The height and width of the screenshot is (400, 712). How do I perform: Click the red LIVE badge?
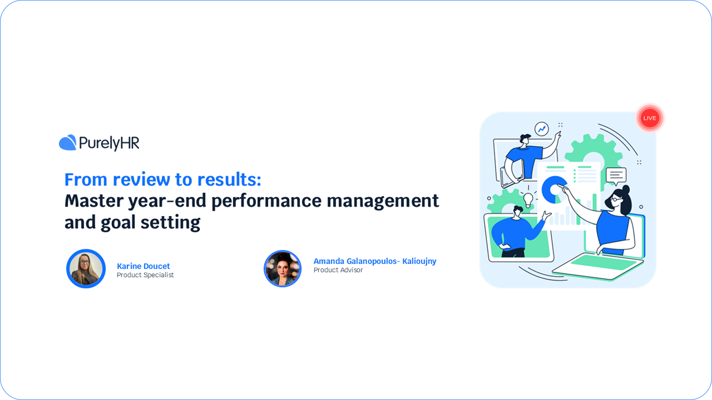[650, 118]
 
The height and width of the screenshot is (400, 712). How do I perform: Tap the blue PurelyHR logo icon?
[68, 143]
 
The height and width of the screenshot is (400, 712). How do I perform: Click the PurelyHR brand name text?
[109, 143]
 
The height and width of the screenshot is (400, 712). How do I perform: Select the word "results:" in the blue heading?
[229, 180]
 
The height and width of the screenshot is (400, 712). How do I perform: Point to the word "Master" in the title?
[94, 201]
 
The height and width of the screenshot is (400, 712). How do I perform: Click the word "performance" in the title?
[266, 201]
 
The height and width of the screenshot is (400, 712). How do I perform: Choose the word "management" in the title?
[383, 201]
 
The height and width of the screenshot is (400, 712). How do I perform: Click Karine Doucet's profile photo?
[86, 268]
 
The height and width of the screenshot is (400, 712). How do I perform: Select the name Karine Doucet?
[143, 266]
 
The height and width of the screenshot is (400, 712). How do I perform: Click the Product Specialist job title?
[145, 275]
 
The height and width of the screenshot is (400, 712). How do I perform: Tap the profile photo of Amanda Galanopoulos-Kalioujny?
[283, 268]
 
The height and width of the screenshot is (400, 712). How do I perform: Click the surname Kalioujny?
[419, 261]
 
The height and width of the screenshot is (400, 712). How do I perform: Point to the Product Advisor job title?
[338, 270]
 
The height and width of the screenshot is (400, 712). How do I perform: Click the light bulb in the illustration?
[528, 199]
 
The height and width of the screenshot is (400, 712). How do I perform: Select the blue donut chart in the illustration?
[554, 188]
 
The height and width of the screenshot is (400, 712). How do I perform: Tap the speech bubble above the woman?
[616, 175]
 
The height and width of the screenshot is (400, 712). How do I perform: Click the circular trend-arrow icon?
[542, 129]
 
